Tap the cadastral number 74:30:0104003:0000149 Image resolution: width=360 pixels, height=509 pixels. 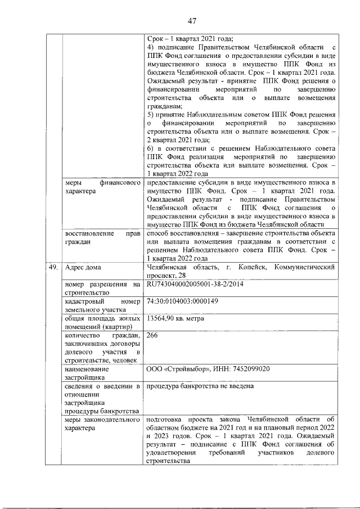182,301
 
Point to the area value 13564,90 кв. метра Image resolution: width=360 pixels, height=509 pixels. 175,318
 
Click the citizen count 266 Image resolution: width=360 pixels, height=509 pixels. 152,335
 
